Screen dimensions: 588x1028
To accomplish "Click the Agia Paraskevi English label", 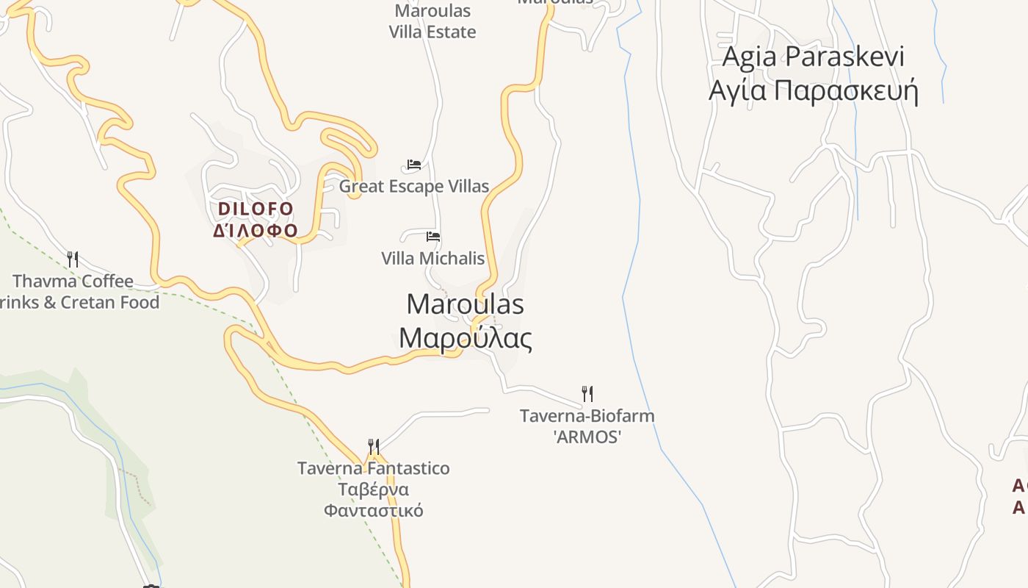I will pyautogui.click(x=813, y=57).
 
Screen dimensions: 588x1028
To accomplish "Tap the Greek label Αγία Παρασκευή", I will pyautogui.click(x=813, y=90).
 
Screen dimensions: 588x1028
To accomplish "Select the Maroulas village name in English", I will pyautogui.click(x=465, y=304).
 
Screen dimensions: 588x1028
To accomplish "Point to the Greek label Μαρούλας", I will pyautogui.click(x=465, y=338).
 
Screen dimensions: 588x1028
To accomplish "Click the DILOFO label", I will pyautogui.click(x=256, y=209).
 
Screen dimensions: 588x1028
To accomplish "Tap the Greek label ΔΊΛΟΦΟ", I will pyautogui.click(x=256, y=231).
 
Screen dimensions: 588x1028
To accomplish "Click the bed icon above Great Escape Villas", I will pyautogui.click(x=414, y=165).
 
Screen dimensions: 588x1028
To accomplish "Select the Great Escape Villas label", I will pyautogui.click(x=413, y=187).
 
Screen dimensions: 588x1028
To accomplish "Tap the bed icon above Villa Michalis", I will pyautogui.click(x=433, y=237).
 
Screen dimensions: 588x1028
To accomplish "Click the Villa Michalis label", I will pyautogui.click(x=432, y=259).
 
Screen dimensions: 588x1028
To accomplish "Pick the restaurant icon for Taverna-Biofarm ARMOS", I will pyautogui.click(x=587, y=393).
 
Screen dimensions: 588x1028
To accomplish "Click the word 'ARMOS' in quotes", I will pyautogui.click(x=587, y=437).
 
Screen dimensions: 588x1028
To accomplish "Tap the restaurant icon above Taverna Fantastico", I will pyautogui.click(x=374, y=446).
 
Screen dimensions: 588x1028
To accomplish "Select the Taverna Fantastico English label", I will pyautogui.click(x=373, y=468).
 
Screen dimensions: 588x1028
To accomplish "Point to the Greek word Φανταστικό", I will pyautogui.click(x=373, y=510).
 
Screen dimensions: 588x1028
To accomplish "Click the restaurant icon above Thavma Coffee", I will pyautogui.click(x=73, y=259).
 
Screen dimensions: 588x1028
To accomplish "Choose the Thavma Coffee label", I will pyautogui.click(x=73, y=281).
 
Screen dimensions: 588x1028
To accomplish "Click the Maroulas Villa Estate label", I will pyautogui.click(x=432, y=21).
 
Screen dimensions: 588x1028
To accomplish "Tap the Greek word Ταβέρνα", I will pyautogui.click(x=373, y=490).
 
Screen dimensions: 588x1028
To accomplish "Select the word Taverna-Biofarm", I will pyautogui.click(x=587, y=416).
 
